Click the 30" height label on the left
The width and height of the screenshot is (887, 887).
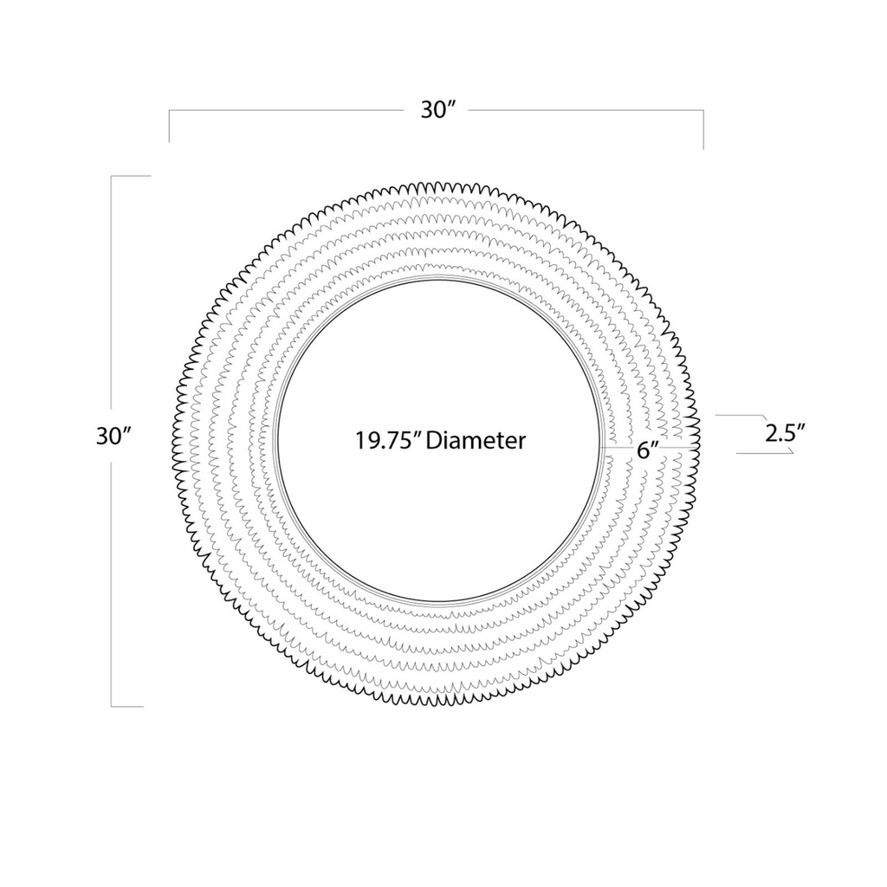(x=113, y=437)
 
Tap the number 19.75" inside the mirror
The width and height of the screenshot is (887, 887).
(x=387, y=440)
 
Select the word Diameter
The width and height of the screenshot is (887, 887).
(x=476, y=440)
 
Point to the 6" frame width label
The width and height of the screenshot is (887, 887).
(x=648, y=450)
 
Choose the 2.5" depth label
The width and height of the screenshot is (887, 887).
(x=785, y=434)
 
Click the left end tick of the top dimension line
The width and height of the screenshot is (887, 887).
(x=169, y=126)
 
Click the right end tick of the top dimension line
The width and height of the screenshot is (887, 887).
(x=703, y=130)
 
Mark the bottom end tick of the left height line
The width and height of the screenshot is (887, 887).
(x=127, y=707)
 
